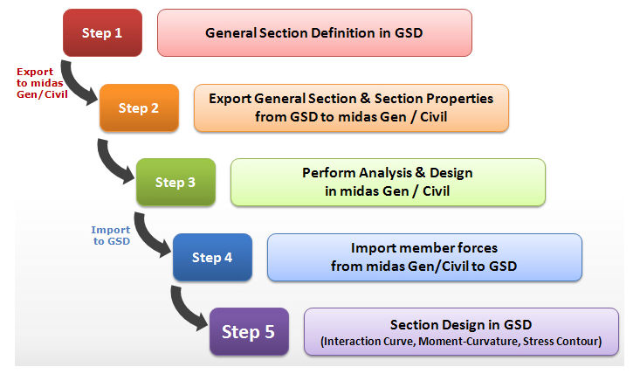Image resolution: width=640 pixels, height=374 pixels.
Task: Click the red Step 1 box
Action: [102, 32]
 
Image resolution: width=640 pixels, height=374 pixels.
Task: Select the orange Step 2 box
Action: [139, 107]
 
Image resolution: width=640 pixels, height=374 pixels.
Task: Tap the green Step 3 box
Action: [175, 182]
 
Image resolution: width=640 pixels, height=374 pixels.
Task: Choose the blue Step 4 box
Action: [213, 257]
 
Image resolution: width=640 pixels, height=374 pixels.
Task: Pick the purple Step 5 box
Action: [250, 331]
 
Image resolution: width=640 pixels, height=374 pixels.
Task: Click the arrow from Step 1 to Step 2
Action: [72, 87]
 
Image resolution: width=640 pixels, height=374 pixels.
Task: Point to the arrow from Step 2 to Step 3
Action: [109, 164]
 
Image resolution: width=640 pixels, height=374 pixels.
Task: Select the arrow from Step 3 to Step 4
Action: [146, 238]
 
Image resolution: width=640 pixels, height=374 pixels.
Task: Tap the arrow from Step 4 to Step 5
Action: [182, 312]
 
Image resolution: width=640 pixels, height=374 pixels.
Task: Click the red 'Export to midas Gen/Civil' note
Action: [42, 83]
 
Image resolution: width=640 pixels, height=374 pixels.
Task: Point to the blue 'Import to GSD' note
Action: [111, 236]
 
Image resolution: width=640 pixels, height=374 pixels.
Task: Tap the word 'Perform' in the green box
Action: [329, 173]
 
